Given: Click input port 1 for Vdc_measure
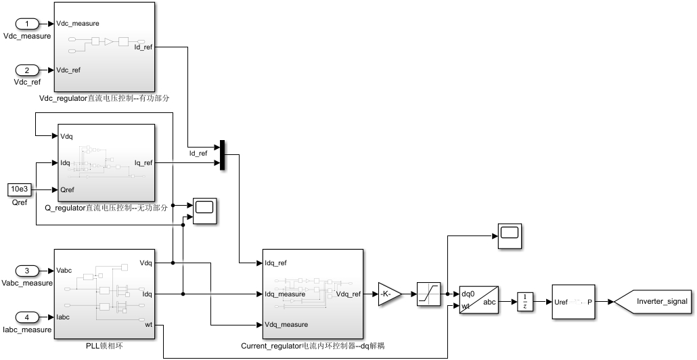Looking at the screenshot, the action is coord(26,24).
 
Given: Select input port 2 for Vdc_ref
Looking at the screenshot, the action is coord(26,70).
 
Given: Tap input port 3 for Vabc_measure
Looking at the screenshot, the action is coord(26,271).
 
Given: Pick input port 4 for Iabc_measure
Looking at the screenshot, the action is coord(26,317).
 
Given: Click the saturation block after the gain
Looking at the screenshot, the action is coord(428,294).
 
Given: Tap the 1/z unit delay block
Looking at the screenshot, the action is coord(525,302).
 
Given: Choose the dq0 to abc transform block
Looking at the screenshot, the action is coord(478,300).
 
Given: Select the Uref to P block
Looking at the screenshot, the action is coord(573,302).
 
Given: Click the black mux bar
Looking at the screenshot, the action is coord(222,155).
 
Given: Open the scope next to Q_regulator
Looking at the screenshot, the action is coord(204,210).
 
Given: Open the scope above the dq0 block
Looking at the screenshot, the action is coord(510,236).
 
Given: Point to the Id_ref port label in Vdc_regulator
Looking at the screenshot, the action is coord(143,47).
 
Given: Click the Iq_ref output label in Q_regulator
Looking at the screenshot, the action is coord(143,162).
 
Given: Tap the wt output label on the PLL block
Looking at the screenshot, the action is coord(148,325).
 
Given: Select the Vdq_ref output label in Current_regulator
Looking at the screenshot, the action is coord(348,294).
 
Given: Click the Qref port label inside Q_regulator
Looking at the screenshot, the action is coord(67,189).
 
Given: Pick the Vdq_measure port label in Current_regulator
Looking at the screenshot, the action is coord(286,324).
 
